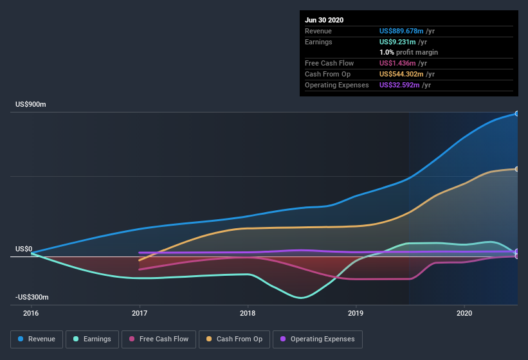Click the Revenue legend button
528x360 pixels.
pos(37,339)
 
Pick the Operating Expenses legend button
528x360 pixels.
pos(317,339)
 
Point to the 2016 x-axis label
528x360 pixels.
pos(31,314)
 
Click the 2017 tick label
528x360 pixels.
pos(140,314)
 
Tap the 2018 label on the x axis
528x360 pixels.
pos(248,314)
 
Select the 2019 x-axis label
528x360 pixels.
pos(356,314)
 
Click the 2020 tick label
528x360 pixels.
pos(464,314)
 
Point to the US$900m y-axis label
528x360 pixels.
pos(32,104)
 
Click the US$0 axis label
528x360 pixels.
pos(24,249)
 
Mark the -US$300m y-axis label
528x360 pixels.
pos(32,297)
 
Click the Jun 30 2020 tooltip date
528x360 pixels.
pos(324,20)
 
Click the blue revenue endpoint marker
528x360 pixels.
pos(517,114)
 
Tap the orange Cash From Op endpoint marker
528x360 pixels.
pos(517,169)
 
